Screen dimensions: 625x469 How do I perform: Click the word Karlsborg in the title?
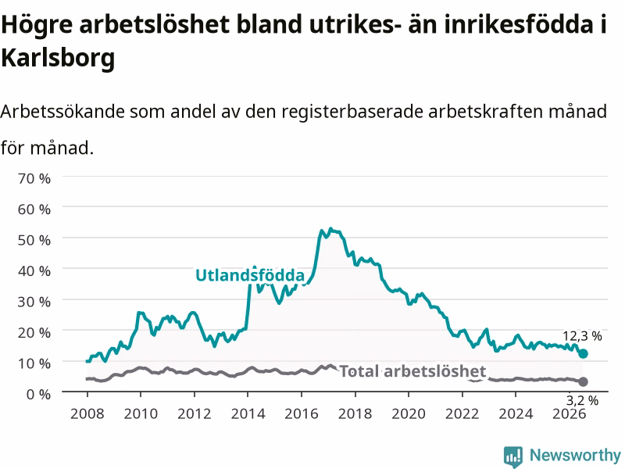[58, 57]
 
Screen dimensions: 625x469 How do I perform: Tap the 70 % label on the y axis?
[34, 178]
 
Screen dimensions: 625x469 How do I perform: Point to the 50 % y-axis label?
[34, 240]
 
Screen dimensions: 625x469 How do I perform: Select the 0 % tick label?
[38, 394]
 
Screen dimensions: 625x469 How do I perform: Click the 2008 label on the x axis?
[87, 414]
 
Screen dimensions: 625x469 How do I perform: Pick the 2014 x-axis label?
[248, 414]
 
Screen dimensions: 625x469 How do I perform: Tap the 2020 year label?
[409, 414]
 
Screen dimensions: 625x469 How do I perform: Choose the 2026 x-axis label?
[570, 414]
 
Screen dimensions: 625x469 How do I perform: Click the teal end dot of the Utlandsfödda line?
[583, 353]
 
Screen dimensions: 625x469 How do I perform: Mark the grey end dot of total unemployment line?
[583, 381]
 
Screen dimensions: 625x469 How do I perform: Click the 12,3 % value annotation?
[582, 336]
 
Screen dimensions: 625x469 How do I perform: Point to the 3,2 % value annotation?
[582, 400]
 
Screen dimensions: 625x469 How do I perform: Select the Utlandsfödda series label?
[250, 275]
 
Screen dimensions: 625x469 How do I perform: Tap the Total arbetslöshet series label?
[413, 371]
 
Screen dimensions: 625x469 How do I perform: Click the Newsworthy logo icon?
[513, 456]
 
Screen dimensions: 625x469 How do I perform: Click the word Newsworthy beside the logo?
[575, 455]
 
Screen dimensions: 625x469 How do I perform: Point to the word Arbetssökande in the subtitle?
[62, 111]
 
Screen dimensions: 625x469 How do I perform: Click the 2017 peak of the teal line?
[330, 228]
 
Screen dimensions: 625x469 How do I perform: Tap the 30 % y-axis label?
[34, 302]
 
